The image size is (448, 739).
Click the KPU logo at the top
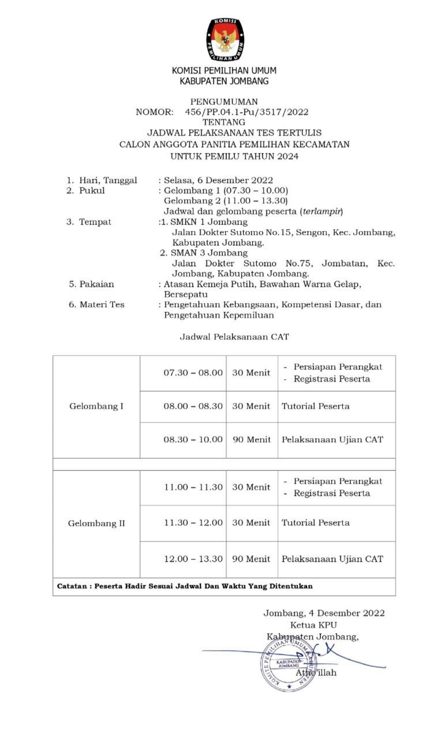[x=224, y=40]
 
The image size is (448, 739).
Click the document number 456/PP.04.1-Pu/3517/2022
[x=247, y=112]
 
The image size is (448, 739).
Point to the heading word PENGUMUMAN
[x=224, y=102]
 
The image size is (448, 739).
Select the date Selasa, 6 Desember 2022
[x=218, y=180]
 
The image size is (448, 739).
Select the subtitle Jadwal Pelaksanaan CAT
[x=234, y=336]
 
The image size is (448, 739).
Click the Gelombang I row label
[x=96, y=406]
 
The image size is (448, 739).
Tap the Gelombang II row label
[x=96, y=524]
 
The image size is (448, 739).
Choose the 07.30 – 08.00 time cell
[x=193, y=373]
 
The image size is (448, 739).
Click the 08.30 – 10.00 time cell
[x=193, y=439]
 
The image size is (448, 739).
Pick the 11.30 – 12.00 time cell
[x=193, y=523]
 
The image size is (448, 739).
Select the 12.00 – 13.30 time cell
[x=193, y=559]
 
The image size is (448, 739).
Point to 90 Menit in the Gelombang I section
[x=251, y=439]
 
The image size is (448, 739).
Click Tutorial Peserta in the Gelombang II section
[x=315, y=523]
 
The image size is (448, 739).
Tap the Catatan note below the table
[x=185, y=586]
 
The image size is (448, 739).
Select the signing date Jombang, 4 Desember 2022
[x=324, y=613]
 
